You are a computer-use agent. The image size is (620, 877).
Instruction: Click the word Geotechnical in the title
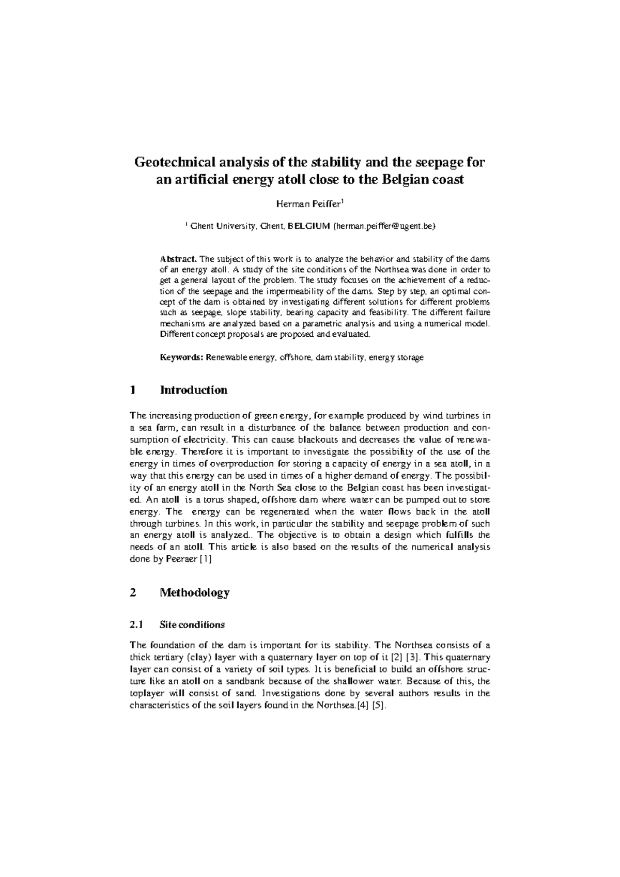[x=169, y=163]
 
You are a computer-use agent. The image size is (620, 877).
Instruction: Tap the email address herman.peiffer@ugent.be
[x=385, y=226]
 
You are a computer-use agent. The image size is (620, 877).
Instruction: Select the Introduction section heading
[x=194, y=390]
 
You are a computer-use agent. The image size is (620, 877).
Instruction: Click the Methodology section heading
[x=195, y=592]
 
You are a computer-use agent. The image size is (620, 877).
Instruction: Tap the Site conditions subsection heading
[x=192, y=624]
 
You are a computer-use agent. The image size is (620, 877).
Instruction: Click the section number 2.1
[x=136, y=624]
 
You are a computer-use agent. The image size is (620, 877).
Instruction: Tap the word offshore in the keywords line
[x=296, y=357]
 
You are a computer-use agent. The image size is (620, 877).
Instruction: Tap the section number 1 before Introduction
[x=133, y=390]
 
